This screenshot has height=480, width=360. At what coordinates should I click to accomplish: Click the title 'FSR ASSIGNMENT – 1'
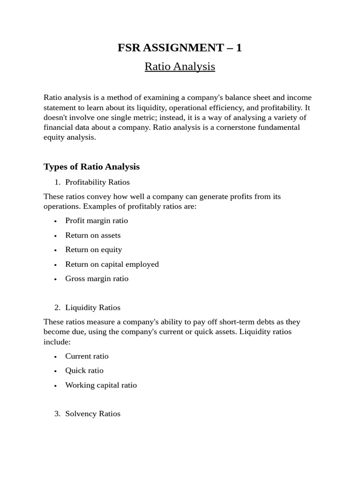click(x=180, y=47)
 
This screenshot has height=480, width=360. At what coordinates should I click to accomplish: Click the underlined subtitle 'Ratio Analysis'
click(x=180, y=67)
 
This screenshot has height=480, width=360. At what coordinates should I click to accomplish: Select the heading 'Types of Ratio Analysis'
click(x=91, y=166)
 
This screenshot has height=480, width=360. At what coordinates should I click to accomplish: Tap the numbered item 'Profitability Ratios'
click(x=97, y=182)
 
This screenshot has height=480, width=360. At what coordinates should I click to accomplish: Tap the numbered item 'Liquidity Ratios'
click(x=93, y=307)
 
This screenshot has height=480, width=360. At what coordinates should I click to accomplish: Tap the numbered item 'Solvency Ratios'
click(x=93, y=413)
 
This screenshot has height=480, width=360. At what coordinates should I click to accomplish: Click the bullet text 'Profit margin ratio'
click(x=97, y=220)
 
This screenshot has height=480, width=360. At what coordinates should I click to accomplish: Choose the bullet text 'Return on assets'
click(x=93, y=235)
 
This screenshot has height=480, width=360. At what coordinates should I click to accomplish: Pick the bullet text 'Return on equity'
click(x=93, y=249)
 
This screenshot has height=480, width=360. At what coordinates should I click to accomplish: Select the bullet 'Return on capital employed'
click(x=112, y=264)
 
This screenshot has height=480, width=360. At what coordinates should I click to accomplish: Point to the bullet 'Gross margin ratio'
click(x=97, y=278)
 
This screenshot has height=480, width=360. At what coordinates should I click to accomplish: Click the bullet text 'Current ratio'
click(x=87, y=356)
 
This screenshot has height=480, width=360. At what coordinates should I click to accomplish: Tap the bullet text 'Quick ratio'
click(x=84, y=370)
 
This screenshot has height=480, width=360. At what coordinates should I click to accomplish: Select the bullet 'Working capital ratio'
click(x=101, y=385)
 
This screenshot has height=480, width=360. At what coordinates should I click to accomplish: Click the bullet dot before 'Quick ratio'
click(x=55, y=371)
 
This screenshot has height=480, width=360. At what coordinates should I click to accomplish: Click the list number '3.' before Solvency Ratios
click(x=57, y=413)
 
